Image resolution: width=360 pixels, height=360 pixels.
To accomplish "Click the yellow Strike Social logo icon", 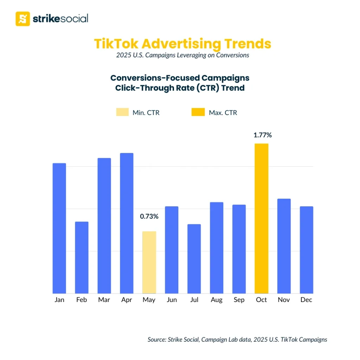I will pyautogui.click(x=23, y=19).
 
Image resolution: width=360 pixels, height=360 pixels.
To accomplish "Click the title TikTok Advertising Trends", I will pyautogui.click(x=182, y=44).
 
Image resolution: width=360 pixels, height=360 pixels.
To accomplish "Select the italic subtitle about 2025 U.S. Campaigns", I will pyautogui.click(x=182, y=55).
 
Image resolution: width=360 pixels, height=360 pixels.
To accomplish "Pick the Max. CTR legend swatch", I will pyautogui.click(x=198, y=112).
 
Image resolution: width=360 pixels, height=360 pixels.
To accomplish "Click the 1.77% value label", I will pyautogui.click(x=263, y=135).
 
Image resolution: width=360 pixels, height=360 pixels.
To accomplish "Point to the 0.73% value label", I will pyautogui.click(x=149, y=217).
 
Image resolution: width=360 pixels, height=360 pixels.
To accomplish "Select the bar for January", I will pyautogui.click(x=59, y=229).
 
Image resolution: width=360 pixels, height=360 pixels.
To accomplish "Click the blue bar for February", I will pyautogui.click(x=82, y=257).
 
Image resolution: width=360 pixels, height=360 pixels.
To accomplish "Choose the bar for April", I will pyautogui.click(x=127, y=223).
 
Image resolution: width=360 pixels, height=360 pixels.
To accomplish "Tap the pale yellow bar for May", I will pyautogui.click(x=149, y=262).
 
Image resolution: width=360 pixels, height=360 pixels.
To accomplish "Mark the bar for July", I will pyautogui.click(x=194, y=259).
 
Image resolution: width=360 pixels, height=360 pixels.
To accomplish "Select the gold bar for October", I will pyautogui.click(x=262, y=218).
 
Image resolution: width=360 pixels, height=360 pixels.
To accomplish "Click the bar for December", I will pyautogui.click(x=306, y=250).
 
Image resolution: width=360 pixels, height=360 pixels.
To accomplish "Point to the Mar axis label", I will pyautogui.click(x=104, y=300).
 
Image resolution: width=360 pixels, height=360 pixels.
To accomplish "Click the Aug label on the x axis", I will pyautogui.click(x=217, y=300).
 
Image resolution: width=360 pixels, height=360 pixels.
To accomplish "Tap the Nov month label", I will pyautogui.click(x=284, y=300).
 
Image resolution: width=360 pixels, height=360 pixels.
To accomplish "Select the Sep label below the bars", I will pyautogui.click(x=239, y=300).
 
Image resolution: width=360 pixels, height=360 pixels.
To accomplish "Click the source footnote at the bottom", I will pyautogui.click(x=237, y=340).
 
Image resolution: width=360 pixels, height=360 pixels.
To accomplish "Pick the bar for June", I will pyautogui.click(x=172, y=250).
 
